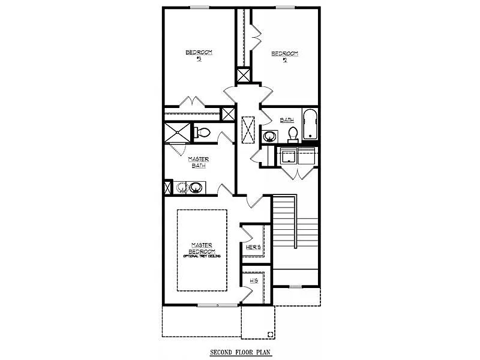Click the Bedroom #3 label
point(198,55)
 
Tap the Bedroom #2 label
point(284,56)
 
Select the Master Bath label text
point(198,162)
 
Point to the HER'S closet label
point(253,247)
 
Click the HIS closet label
point(253,280)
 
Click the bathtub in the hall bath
point(309,125)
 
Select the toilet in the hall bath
point(293,133)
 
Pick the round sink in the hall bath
point(269,136)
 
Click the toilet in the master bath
point(202,132)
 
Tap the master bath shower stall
point(178,132)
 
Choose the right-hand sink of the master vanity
point(195,188)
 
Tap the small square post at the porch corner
point(271,334)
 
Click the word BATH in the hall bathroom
point(286,120)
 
